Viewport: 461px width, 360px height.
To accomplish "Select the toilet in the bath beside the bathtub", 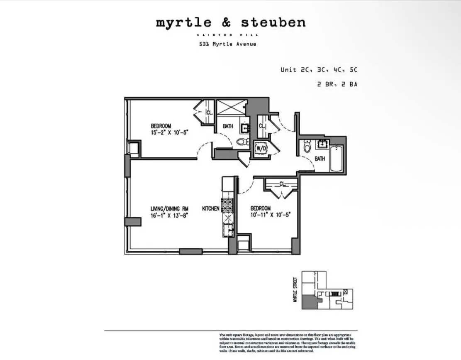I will [307, 147].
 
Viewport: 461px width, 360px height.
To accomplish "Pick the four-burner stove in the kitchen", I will [228, 206].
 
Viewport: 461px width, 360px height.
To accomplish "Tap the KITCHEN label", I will [210, 208].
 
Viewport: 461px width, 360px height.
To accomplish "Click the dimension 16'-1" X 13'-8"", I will [166, 216].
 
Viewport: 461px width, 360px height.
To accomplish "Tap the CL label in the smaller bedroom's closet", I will [282, 184].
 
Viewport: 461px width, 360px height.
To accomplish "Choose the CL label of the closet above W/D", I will [262, 126].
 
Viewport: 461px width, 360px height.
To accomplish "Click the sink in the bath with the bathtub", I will [322, 144].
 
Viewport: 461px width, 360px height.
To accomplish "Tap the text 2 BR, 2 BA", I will [337, 84].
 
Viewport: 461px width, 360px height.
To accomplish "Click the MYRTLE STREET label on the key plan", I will [295, 290].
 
